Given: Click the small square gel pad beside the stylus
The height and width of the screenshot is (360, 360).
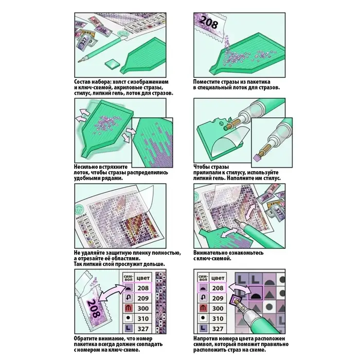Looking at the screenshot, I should point(112,63).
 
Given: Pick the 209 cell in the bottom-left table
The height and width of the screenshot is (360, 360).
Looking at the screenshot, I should point(143,298).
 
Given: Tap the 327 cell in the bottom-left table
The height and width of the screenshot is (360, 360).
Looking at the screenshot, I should point(143,328).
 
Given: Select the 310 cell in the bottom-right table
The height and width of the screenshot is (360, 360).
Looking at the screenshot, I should point(218,318).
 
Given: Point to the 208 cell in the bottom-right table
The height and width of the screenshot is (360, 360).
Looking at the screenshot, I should point(218,289).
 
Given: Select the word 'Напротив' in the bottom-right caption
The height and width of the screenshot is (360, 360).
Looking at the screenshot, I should point(210,339).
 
